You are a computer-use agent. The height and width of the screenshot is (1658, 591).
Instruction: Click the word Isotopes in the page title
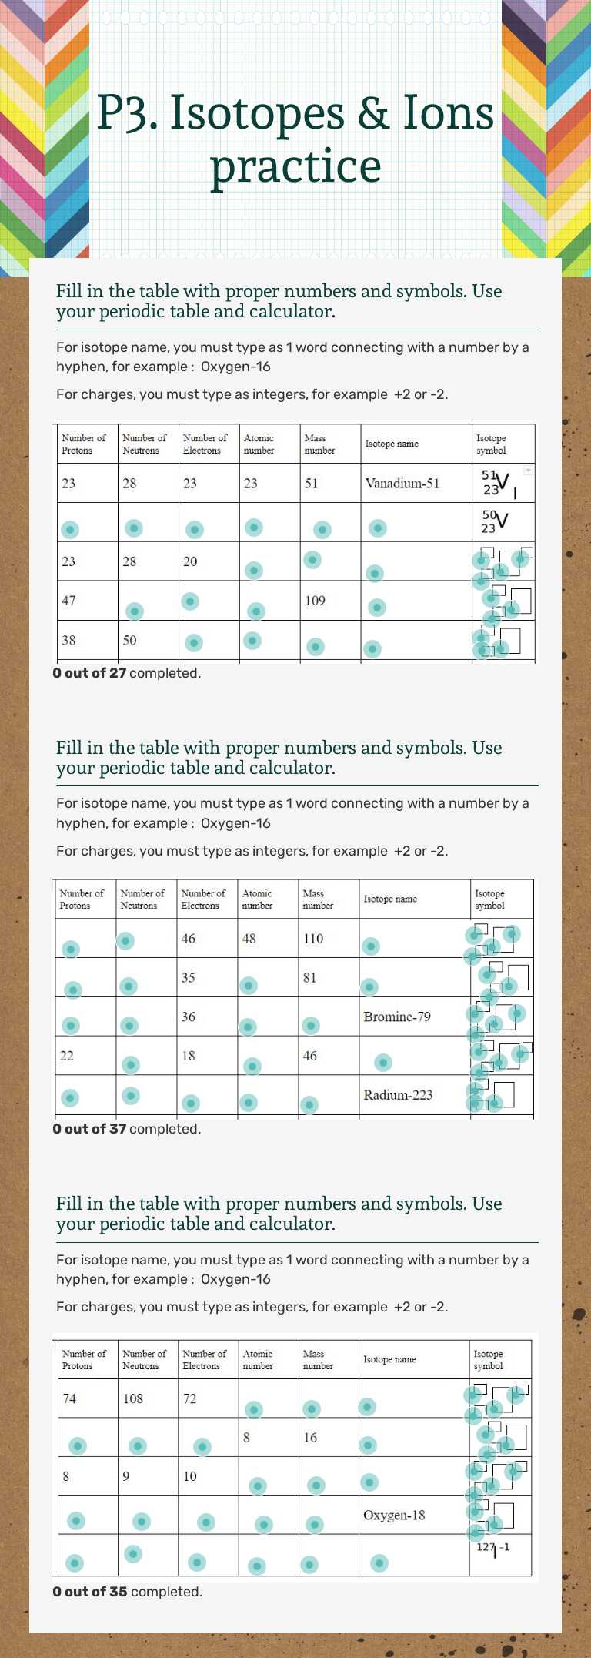(257, 113)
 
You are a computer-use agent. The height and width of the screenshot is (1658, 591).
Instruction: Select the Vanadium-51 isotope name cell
(402, 484)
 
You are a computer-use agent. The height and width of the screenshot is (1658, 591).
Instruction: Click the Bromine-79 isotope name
(397, 1017)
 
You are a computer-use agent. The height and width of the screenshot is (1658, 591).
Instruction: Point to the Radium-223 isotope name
(398, 1094)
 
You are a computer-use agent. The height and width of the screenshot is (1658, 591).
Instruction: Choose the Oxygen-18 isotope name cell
(394, 1515)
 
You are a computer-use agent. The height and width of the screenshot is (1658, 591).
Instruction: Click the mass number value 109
(315, 601)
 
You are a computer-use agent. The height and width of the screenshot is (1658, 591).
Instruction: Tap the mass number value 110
(313, 939)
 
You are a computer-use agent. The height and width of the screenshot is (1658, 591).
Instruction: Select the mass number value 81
(309, 978)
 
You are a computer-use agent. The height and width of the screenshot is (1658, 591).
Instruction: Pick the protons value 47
(68, 601)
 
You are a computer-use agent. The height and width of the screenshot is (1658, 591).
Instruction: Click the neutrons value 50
(129, 640)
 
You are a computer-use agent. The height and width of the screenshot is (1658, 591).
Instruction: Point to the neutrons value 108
(133, 1398)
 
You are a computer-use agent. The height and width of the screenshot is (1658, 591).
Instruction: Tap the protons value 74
(69, 1398)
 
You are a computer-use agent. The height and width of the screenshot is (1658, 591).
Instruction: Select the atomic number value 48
(249, 939)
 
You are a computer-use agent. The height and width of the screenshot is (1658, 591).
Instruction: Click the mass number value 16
(310, 1437)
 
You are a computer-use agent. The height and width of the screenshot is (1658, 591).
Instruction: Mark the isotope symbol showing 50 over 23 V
(494, 521)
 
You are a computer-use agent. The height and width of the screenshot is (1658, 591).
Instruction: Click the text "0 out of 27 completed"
(126, 673)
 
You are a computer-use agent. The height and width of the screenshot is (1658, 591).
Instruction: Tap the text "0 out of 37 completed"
(126, 1129)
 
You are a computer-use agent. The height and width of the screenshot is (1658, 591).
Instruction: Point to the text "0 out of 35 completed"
(127, 1592)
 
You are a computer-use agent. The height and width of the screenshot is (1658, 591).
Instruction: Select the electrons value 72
(189, 1398)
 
